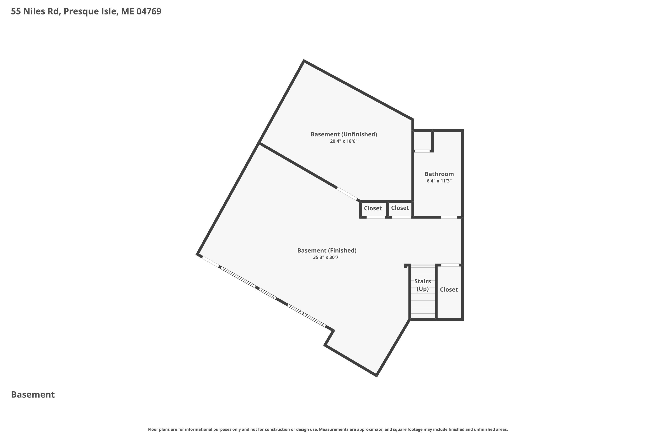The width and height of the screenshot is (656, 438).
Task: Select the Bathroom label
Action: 439,174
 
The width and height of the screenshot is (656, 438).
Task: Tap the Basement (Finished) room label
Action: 327,251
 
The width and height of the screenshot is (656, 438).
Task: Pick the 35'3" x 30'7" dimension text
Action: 327,258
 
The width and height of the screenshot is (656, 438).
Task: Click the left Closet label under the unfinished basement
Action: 373,208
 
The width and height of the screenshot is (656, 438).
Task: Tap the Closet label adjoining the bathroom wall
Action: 400,208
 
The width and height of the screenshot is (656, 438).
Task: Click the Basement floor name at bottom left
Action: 33,394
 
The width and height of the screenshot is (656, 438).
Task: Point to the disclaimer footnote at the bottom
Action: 328,429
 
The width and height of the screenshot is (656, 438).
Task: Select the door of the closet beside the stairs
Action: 450,265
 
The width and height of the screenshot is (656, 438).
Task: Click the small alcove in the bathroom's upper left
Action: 422,141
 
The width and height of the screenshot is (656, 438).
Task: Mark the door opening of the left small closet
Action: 376,217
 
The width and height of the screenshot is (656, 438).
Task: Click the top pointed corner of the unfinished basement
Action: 304,60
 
